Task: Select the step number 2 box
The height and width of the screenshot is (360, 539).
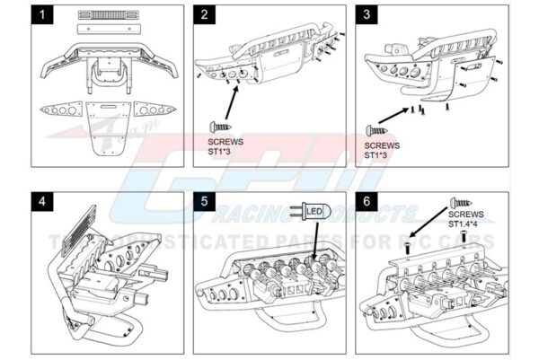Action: [x=206, y=15]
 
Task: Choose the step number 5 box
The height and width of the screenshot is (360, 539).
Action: [x=206, y=200]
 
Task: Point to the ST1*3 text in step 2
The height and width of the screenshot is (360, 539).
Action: [x=220, y=152]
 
